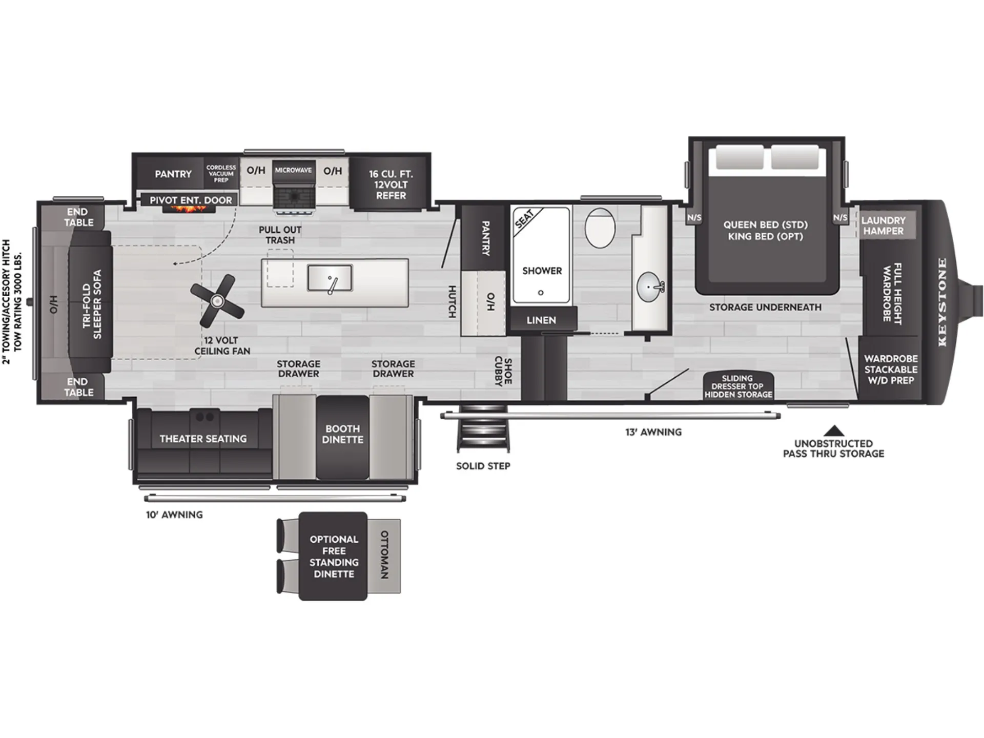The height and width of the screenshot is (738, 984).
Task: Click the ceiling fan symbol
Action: pos(217,301)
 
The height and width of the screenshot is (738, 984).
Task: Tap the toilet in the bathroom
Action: pos(600,228)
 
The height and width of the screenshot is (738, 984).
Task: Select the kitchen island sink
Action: pos(330,278)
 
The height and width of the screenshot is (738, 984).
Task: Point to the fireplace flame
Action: pos(189,209)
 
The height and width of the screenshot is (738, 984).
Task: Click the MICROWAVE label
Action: pos(293,170)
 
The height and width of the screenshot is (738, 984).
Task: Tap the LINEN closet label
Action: pos(541,320)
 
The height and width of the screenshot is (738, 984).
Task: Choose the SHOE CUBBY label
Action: pos(503,371)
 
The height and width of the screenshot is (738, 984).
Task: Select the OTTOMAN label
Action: pos(384,555)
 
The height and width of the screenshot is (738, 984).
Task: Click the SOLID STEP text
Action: pos(483,466)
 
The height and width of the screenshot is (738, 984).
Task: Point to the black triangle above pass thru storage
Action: pos(834,430)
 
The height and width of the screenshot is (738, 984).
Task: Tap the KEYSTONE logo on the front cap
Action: pos(942,302)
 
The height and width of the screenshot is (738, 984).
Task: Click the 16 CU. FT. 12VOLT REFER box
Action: pos(391,181)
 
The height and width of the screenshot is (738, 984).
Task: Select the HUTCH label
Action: pos(452,301)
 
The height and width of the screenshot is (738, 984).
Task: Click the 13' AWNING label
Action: pos(653,432)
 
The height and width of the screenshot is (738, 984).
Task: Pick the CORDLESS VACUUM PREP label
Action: pos(221,174)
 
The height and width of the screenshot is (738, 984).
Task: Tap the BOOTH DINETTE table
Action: pos(342,437)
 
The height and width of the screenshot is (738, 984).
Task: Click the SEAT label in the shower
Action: pos(524,219)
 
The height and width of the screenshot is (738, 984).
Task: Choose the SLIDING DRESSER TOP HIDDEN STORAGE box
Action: pos(738,385)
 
